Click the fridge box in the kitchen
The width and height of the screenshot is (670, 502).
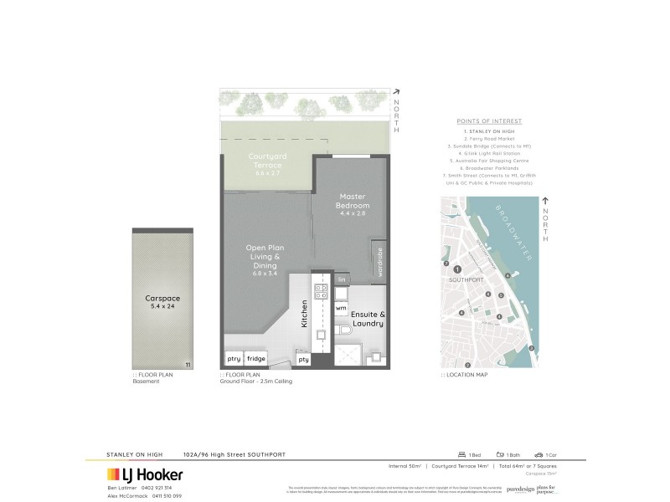(x=256, y=358)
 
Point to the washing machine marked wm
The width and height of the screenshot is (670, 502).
(x=341, y=308)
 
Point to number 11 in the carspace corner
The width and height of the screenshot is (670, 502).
(x=188, y=365)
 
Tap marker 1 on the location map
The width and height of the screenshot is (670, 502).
(x=457, y=269)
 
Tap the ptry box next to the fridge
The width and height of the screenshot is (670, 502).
(x=232, y=358)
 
